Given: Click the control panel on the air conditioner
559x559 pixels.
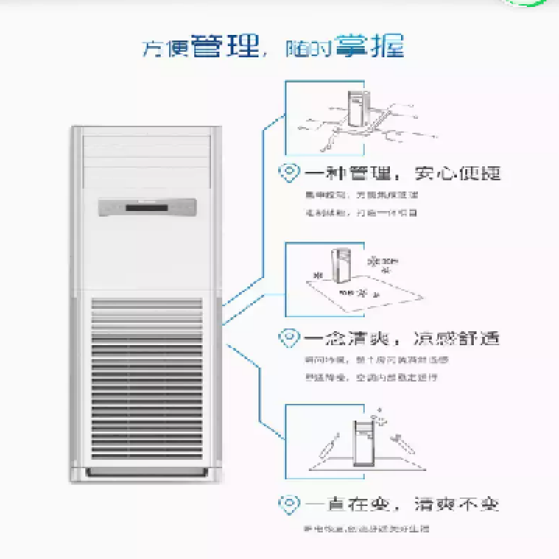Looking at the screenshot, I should [147, 206].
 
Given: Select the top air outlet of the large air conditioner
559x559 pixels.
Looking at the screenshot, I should [147, 158].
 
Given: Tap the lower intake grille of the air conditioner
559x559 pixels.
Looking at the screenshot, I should [147, 377].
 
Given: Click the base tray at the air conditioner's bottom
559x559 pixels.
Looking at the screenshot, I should [147, 473].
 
